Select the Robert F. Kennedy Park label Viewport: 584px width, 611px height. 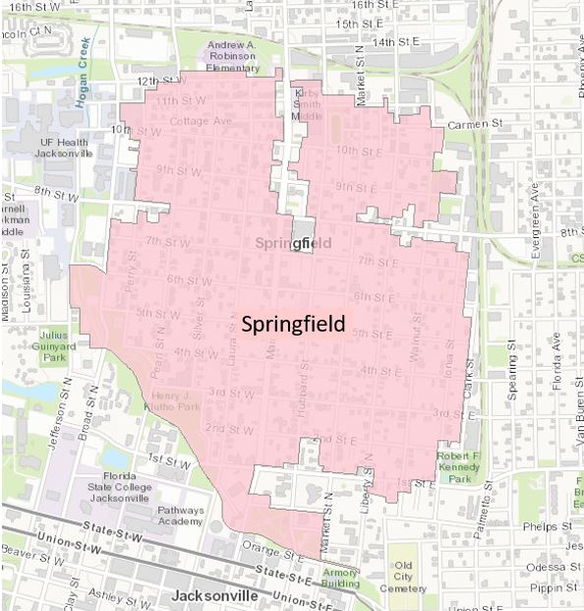[461, 469]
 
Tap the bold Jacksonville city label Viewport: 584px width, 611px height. [220, 596]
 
